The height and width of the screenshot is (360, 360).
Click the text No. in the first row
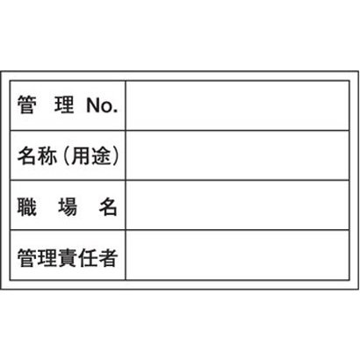(x=102, y=105)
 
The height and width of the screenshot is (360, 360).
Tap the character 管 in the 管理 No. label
(x=27, y=105)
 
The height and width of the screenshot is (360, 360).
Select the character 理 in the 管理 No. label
(x=64, y=105)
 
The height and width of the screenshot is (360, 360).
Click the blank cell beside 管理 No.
(x=237, y=105)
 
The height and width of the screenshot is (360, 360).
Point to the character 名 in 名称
(x=27, y=155)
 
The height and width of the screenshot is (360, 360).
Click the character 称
(x=47, y=155)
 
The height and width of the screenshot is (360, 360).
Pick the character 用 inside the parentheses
(x=81, y=155)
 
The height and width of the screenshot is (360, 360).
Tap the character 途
(x=101, y=155)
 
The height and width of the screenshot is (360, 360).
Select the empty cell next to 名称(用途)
(x=237, y=155)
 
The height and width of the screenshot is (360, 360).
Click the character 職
(x=27, y=206)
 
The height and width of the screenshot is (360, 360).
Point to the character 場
(x=68, y=206)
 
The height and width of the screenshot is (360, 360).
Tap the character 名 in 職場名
(x=108, y=206)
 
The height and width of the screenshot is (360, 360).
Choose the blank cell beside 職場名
(x=237, y=205)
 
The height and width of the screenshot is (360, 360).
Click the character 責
(x=68, y=257)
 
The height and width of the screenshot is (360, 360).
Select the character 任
(x=88, y=257)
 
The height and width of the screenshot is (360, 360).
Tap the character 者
(x=108, y=257)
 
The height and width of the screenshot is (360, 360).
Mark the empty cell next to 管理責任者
(x=237, y=256)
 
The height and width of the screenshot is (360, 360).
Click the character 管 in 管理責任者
(x=27, y=257)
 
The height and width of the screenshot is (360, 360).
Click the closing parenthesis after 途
(x=116, y=155)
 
